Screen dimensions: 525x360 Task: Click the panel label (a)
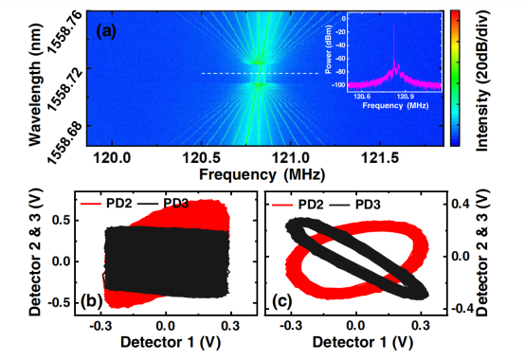[x=106, y=32]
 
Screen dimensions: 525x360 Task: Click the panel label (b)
[x=91, y=301]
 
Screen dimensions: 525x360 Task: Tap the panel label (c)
[x=281, y=301]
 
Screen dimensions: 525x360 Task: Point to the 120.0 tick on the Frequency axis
[x=112, y=157]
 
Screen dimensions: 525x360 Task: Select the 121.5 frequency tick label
[x=380, y=157]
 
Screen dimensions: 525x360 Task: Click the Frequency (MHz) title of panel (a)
[x=262, y=174]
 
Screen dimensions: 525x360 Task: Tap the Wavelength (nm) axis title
[x=35, y=84]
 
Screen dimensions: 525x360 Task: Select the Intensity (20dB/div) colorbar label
[x=481, y=81]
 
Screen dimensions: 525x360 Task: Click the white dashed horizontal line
[x=261, y=73]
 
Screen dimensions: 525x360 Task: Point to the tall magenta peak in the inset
[x=394, y=44]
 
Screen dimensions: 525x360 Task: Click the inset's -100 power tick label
[x=338, y=85]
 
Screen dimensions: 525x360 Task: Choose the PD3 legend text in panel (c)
[x=368, y=205]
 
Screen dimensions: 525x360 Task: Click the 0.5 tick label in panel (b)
[x=62, y=221]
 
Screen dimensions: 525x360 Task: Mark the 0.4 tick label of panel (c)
[x=461, y=204]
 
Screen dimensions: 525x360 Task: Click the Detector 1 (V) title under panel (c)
[x=363, y=342]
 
